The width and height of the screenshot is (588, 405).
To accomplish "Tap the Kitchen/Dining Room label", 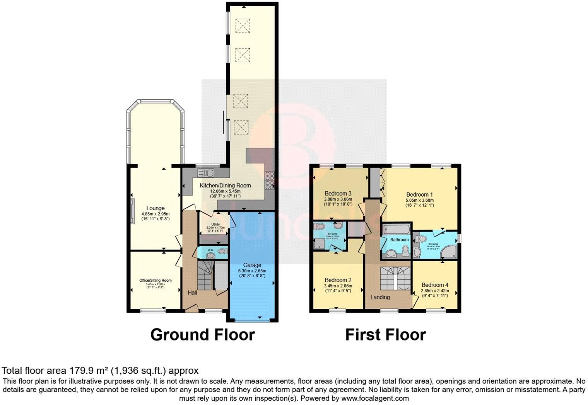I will click(225, 185).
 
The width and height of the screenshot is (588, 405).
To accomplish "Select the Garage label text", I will click(252, 265).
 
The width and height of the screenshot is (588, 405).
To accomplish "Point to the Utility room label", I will click(215, 225).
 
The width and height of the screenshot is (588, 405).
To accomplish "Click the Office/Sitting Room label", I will click(156, 281).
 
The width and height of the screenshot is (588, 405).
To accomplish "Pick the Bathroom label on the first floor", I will click(399, 240).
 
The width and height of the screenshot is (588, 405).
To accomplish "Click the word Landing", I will click(380, 297).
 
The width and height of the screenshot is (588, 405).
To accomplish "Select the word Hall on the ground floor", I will click(192, 293).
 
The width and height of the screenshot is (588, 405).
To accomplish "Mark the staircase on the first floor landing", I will click(394, 278).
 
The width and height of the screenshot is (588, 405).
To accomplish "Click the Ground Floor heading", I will click(202, 335).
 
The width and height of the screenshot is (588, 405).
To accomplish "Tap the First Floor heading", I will click(385, 335).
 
